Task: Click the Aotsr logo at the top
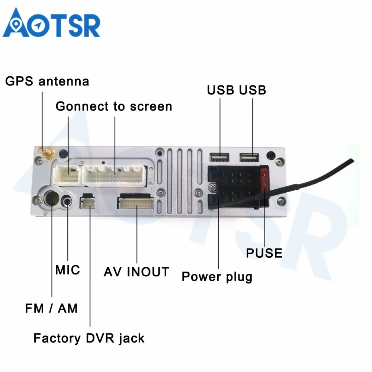coord(51,23)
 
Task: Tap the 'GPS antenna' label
coord(47,81)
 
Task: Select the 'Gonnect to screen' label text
coord(114,106)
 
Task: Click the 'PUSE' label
coord(264,253)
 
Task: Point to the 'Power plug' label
coord(217,277)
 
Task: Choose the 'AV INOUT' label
coord(137,272)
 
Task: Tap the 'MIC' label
coord(68,270)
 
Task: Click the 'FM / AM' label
coord(51,308)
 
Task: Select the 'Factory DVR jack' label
coord(89,338)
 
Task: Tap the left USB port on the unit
coord(219,157)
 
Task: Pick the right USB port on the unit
coord(249,157)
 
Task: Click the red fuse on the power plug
coord(264,180)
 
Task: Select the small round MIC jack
coord(67,202)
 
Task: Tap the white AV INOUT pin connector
coord(136,203)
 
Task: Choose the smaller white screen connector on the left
coord(67,175)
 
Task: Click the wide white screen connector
coord(115,175)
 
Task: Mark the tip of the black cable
coord(353,161)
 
